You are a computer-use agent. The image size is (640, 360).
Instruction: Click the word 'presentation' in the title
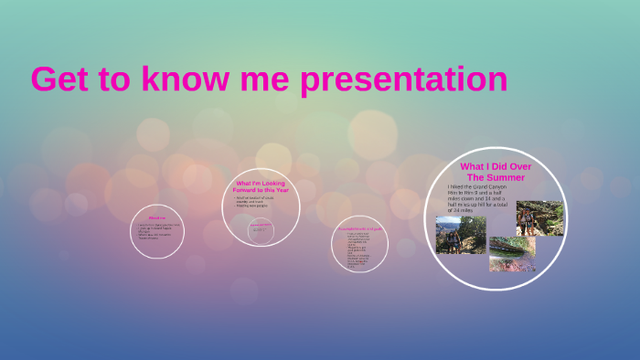tap(404, 79)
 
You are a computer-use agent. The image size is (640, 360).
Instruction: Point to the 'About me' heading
tap(157, 217)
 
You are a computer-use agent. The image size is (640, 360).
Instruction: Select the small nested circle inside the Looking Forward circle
tap(261, 228)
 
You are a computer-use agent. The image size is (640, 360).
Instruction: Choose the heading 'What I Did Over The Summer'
tap(496, 171)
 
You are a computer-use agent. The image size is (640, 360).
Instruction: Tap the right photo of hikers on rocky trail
tap(539, 218)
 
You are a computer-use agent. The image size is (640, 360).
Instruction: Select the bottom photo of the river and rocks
tap(512, 253)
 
